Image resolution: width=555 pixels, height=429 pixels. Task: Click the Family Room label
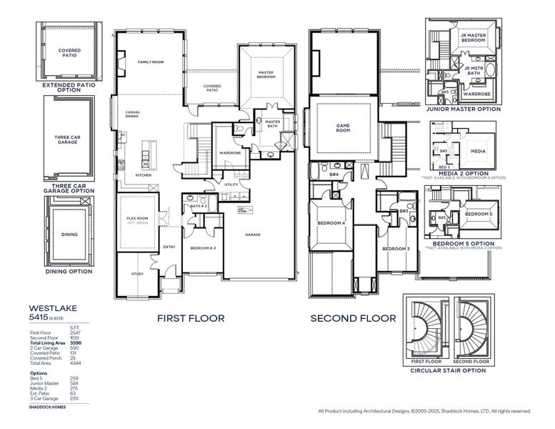point(151,62)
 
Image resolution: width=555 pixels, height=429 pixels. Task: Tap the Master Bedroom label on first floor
point(266,74)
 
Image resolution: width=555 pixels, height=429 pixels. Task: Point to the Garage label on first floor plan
point(253,235)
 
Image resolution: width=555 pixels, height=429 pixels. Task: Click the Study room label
point(137,274)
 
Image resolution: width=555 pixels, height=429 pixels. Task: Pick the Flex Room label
point(137,218)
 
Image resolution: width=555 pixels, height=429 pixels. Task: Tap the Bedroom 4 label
point(331,223)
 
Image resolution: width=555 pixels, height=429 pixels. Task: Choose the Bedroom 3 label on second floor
point(394,248)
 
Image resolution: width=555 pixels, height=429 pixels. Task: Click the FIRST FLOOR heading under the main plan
point(190,318)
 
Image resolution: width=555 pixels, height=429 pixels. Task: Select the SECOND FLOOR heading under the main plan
point(353,318)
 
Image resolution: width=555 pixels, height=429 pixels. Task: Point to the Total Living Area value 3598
point(76,343)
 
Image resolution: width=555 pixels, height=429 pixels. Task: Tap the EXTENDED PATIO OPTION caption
point(69,87)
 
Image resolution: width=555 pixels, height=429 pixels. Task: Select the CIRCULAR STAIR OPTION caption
point(449,371)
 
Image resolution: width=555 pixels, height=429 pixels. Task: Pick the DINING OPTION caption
point(69,272)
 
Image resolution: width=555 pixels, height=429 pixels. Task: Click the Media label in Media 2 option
point(478,152)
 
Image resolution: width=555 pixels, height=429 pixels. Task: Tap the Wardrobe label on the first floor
point(229,152)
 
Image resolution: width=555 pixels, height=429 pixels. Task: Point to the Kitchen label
point(144,175)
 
